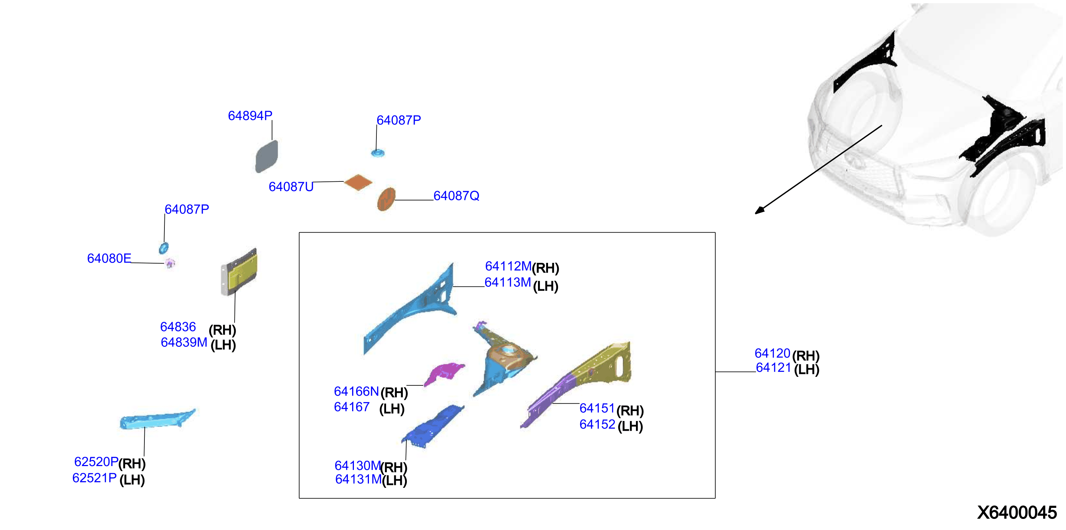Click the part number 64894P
click(250, 116)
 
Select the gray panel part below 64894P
click(267, 156)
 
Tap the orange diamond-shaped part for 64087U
click(358, 182)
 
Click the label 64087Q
click(456, 196)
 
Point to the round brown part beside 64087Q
click(386, 199)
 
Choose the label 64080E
click(109, 258)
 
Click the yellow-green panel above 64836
click(239, 272)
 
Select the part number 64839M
click(184, 342)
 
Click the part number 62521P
click(94, 478)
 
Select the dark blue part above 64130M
click(433, 426)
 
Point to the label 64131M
click(358, 480)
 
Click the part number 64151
click(597, 409)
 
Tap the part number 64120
click(772, 354)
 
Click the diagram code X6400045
click(1017, 512)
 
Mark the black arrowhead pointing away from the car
click(760, 210)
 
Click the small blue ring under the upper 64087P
click(377, 153)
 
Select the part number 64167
click(352, 407)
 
